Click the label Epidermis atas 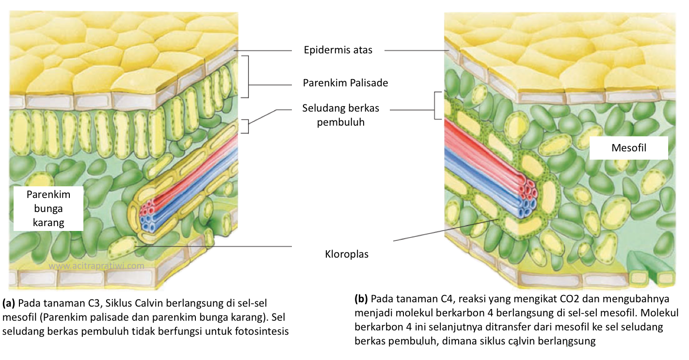tap(338, 50)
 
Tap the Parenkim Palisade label tap(345, 83)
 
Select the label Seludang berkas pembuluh tap(340, 115)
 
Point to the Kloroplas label tap(346, 254)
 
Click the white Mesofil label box tap(628, 147)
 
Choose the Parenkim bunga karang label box tap(48, 209)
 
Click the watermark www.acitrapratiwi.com tap(96, 266)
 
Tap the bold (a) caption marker tap(9, 304)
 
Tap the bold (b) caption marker tap(361, 297)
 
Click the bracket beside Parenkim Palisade tap(246, 77)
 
